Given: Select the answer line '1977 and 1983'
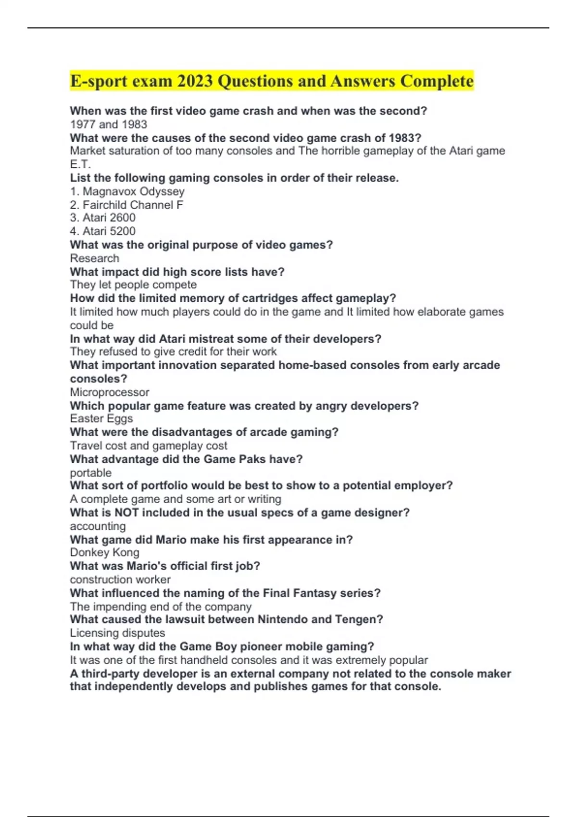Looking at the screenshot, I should pos(109,124).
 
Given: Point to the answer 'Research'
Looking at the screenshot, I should pos(95,258).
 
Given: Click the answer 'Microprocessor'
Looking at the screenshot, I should pos(110,392).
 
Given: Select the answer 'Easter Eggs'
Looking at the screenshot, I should pos(101,419).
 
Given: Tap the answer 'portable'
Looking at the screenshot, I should pos(91,472).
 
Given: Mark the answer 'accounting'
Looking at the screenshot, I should pos(98,526).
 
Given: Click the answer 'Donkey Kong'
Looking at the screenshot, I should pos(105,553).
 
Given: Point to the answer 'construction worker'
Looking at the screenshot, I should pos(120,580).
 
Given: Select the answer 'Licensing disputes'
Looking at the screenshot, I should pos(117,633).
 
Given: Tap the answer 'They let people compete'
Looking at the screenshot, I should pos(133,285).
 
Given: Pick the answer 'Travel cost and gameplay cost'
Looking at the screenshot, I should pos(149,446).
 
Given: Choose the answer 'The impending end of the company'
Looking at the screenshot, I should pos(161,607).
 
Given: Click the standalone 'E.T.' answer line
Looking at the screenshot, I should pos(80,164).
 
